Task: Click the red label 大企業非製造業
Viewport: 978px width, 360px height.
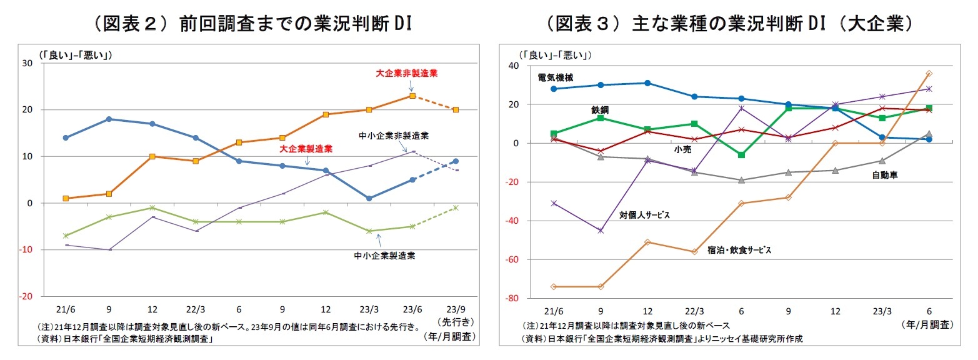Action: click(407, 73)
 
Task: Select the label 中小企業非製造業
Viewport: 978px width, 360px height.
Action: click(389, 135)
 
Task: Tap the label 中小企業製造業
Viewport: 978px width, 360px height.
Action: click(385, 255)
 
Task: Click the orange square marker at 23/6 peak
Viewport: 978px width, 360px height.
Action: click(412, 96)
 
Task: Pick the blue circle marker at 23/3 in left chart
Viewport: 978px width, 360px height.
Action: click(369, 198)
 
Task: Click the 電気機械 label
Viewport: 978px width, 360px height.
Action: click(555, 77)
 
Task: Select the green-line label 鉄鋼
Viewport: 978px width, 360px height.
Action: click(600, 109)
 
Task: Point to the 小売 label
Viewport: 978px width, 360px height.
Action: click(682, 150)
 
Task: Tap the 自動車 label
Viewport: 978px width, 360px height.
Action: click(885, 176)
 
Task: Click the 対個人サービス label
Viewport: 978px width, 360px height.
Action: click(644, 214)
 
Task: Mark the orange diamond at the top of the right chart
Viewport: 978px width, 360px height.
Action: click(929, 73)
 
